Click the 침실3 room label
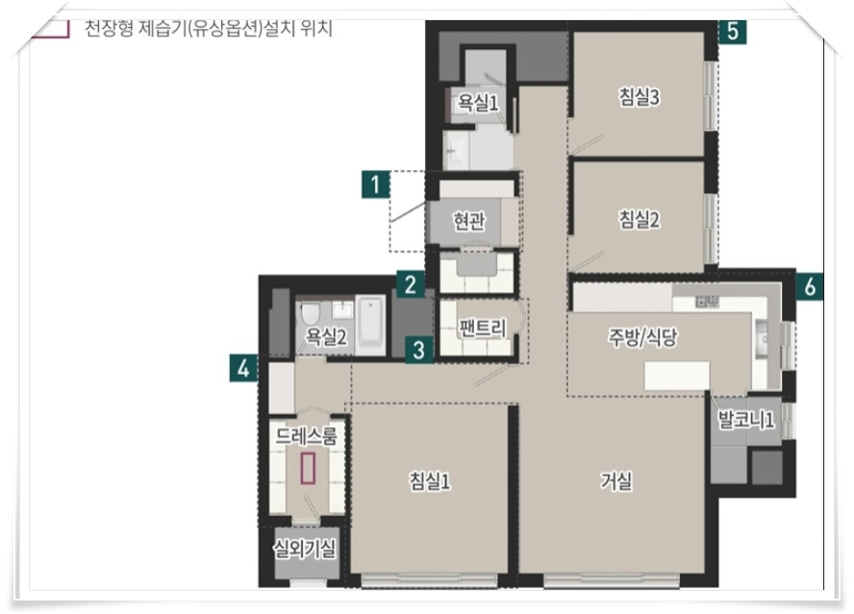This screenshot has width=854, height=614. [639, 97]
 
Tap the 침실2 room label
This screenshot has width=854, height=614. [639, 219]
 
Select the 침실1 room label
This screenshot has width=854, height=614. [430, 480]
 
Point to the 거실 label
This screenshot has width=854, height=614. [616, 480]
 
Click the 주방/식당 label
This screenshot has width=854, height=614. [642, 337]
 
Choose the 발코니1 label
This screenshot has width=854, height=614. [746, 420]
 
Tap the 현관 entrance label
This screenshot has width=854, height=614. [469, 220]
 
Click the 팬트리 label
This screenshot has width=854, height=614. [483, 329]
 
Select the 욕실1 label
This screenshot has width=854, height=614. [478, 102]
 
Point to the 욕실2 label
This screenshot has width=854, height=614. [326, 337]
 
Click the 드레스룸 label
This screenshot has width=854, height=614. [306, 436]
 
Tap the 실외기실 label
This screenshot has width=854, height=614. [305, 550]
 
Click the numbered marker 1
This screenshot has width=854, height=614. [375, 184]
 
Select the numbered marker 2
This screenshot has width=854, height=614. [410, 284]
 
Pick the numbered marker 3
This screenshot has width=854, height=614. [418, 350]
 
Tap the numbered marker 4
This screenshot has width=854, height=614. [243, 368]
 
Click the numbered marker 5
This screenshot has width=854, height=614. [733, 31]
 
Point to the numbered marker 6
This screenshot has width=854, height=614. [810, 285]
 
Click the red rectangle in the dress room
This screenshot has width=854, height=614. [308, 468]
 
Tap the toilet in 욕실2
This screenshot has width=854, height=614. [311, 313]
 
